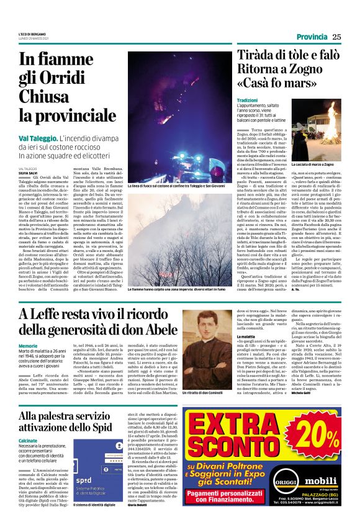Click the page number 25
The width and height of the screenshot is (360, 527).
click(x=336, y=35)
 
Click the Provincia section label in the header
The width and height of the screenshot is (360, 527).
click(x=304, y=36)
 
